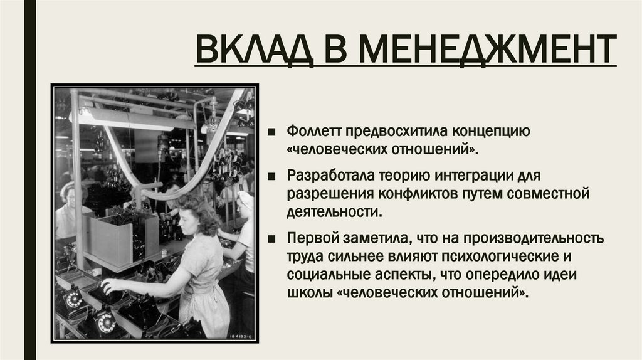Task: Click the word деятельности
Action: pos(334,211)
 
